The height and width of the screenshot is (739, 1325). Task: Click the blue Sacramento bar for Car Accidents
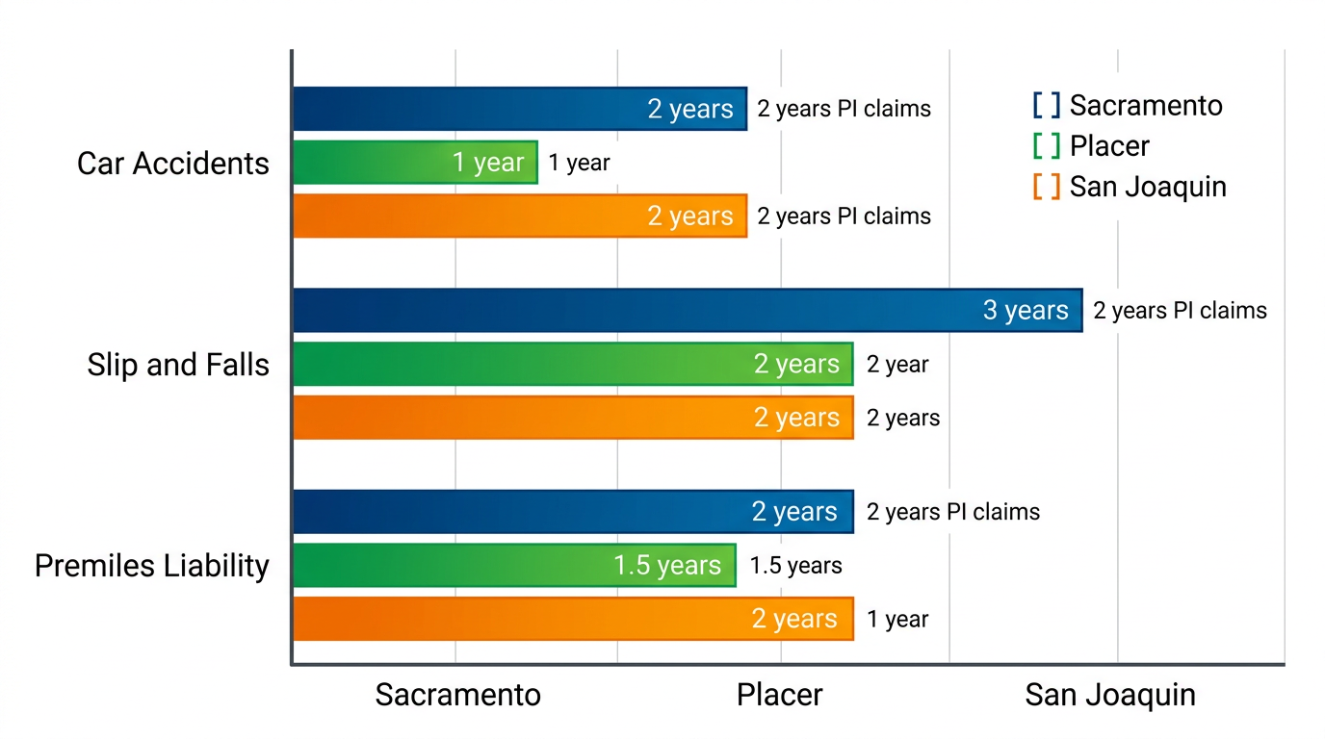(520, 109)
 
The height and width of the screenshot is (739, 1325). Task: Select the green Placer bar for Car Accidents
(415, 163)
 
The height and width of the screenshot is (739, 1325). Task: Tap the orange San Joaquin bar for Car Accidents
(520, 216)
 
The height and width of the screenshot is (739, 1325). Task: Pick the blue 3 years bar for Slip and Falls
(687, 310)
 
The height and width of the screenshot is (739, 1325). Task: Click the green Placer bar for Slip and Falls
(573, 364)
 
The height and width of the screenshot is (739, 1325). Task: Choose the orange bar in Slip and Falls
(573, 417)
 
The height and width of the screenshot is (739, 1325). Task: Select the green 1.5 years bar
(514, 565)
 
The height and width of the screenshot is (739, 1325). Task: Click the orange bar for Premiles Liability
(573, 618)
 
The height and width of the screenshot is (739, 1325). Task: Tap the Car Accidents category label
(173, 164)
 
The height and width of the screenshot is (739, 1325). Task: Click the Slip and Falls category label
(178, 365)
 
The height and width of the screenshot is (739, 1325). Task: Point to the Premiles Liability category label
(152, 566)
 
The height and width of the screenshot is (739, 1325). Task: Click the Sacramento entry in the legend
(1128, 105)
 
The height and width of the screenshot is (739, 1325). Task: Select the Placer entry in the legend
(1092, 145)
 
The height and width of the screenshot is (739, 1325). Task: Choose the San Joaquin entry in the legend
(1130, 186)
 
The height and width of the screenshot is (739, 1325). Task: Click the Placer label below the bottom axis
(779, 695)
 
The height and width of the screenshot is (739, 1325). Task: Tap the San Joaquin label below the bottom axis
(1110, 695)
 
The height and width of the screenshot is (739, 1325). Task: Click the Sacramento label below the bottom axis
(457, 695)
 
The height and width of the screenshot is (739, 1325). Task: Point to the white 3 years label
(1026, 311)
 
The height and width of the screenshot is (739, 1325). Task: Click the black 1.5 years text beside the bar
(795, 566)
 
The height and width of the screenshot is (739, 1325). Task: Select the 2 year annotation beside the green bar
(897, 365)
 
